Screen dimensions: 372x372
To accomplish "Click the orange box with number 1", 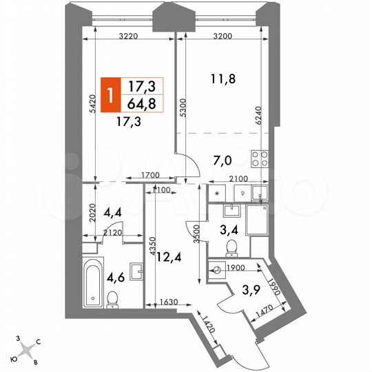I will (x=109, y=95).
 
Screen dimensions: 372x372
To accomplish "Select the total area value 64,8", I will (x=141, y=104).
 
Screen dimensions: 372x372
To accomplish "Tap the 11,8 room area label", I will (x=223, y=79).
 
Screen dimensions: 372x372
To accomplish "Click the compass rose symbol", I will (x=28, y=349).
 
